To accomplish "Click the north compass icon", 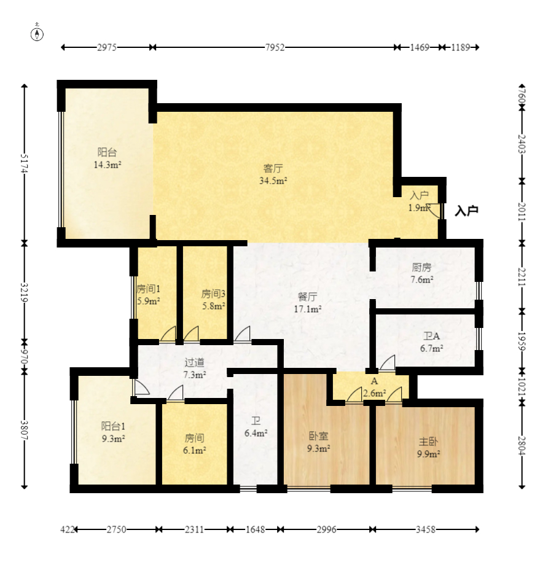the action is [x=37, y=33].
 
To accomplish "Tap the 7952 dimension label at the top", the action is [x=275, y=47].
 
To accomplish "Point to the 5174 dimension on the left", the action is [x=24, y=163].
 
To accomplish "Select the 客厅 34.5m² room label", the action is [x=273, y=174].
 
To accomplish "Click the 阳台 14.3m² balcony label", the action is [x=107, y=158].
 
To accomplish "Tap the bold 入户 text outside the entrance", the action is [x=466, y=211].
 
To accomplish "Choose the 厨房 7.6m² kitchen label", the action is [x=422, y=273].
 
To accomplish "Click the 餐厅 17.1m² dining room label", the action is [x=308, y=303].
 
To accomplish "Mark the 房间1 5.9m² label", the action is [x=148, y=295].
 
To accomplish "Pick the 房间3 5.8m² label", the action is [x=213, y=300].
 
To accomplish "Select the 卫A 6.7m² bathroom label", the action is [x=431, y=342].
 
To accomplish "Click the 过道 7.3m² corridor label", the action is [x=195, y=368].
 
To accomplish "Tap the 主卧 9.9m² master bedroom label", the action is [x=428, y=448].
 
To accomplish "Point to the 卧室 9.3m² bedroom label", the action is [x=318, y=442].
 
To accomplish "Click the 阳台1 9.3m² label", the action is [x=113, y=432].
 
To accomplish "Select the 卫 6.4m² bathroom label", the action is [x=256, y=427].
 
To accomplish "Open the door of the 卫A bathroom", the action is [x=388, y=363].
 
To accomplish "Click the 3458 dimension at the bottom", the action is [x=425, y=529].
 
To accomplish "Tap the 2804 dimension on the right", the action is [x=522, y=445].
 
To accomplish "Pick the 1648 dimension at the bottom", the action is [x=255, y=529].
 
